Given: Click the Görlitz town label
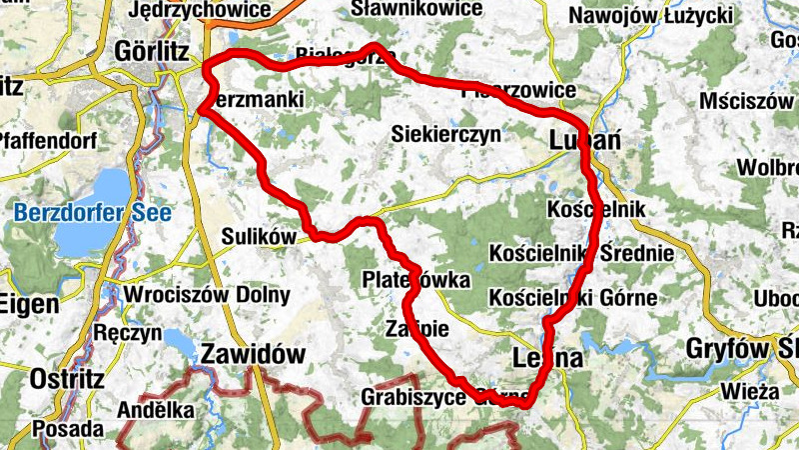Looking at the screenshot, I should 152,49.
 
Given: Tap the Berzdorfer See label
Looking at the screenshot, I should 93,212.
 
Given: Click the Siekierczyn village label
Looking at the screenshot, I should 445,134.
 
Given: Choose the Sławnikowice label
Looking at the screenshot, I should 417,9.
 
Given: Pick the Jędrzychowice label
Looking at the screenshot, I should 200,9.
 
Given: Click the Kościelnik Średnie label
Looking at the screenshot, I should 581,253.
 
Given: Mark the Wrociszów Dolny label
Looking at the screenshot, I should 207,296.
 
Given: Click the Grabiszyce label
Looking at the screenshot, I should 414,397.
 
